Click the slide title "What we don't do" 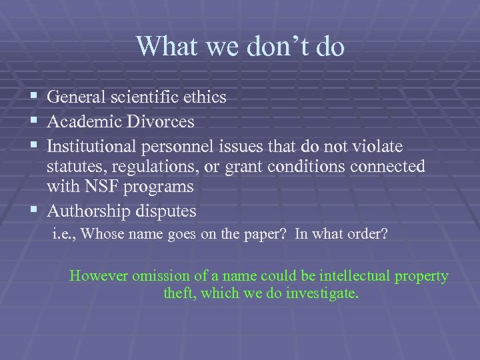click(240, 46)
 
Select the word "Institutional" click(95, 145)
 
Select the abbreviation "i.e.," click(66, 235)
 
